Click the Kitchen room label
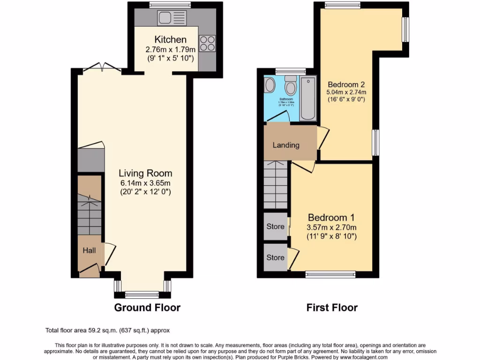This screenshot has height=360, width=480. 170,40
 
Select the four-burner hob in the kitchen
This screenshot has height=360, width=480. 207,43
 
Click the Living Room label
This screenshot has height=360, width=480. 145,173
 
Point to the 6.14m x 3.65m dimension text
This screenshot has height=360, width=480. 145,183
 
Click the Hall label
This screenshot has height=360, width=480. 89,251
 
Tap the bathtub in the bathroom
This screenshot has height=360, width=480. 308,97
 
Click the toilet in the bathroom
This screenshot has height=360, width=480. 290,86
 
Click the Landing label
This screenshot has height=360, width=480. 286,145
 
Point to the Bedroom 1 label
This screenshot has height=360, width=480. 331,217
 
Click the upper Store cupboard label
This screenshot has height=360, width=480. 275,226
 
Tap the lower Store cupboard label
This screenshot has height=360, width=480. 275,257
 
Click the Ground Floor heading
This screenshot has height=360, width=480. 147,307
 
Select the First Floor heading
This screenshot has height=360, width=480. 332,307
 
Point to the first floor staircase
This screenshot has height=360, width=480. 275,185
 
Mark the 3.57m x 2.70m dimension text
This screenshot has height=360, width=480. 331,228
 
